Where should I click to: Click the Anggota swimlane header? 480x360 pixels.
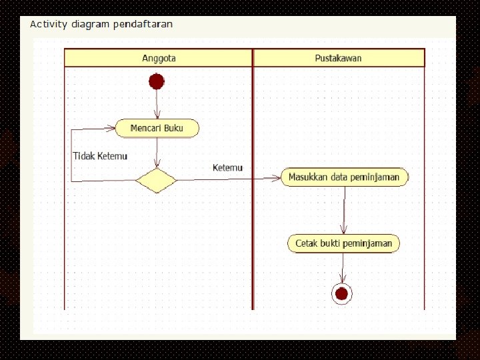[x=159, y=58]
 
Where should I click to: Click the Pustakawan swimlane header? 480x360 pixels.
[x=338, y=58]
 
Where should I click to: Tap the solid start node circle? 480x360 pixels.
[x=157, y=81]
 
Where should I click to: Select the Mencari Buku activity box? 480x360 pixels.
[x=157, y=128]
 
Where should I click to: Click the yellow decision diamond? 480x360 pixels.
[x=156, y=180]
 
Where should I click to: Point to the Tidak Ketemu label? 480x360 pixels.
[x=99, y=156]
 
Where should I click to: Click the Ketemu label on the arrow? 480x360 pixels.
[x=227, y=167]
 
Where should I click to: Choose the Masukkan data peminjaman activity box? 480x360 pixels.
[x=344, y=177]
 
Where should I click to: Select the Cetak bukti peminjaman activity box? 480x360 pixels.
[x=343, y=243]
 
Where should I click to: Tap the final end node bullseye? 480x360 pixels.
[x=342, y=293]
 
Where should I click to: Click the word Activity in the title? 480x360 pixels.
[x=49, y=24]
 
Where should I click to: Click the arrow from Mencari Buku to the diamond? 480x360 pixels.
[x=157, y=152]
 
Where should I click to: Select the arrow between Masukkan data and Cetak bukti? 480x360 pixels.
[x=344, y=209]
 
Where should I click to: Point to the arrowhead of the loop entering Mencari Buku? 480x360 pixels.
[x=111, y=129]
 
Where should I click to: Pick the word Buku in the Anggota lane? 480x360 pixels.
[x=173, y=128]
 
